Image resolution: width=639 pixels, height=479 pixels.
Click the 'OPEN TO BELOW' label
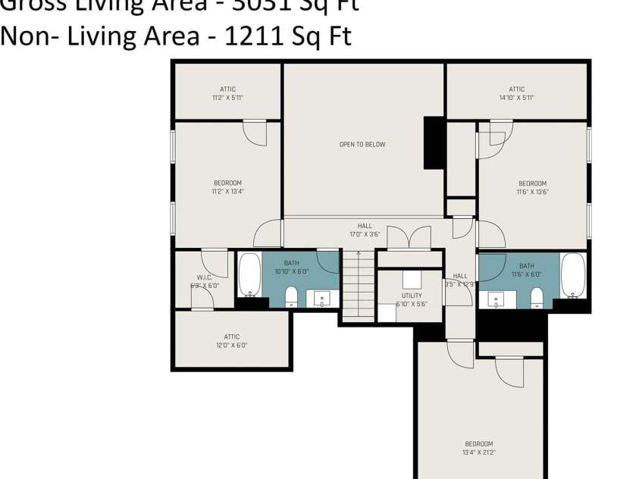pyautogui.click(x=362, y=144)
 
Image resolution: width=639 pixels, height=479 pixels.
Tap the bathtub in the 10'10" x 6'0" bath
pyautogui.click(x=249, y=274)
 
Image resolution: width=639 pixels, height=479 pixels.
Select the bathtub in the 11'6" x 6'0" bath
pyautogui.click(x=572, y=275)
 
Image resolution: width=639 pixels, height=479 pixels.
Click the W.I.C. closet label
pyautogui.click(x=203, y=281)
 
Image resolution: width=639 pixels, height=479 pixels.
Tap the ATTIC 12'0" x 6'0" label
pyautogui.click(x=232, y=341)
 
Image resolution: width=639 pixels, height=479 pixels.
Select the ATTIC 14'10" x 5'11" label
pyautogui.click(x=516, y=93)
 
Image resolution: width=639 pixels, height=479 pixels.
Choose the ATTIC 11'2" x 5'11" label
pyautogui.click(x=227, y=93)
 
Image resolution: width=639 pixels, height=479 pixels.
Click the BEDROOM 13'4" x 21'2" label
pyautogui.click(x=478, y=448)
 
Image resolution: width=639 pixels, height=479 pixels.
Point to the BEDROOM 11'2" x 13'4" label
pyautogui.click(x=227, y=187)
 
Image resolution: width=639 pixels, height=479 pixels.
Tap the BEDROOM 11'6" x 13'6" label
pyautogui.click(x=532, y=187)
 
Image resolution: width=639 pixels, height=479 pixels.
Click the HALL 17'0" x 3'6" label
pyautogui.click(x=365, y=230)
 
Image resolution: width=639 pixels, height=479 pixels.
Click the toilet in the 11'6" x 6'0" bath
pyautogui.click(x=537, y=297)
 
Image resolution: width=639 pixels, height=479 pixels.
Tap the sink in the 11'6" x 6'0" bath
pyautogui.click(x=496, y=299)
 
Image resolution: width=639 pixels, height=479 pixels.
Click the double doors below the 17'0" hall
pyautogui.click(x=409, y=238)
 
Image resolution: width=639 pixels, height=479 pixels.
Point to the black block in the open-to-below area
pyautogui.click(x=434, y=142)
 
